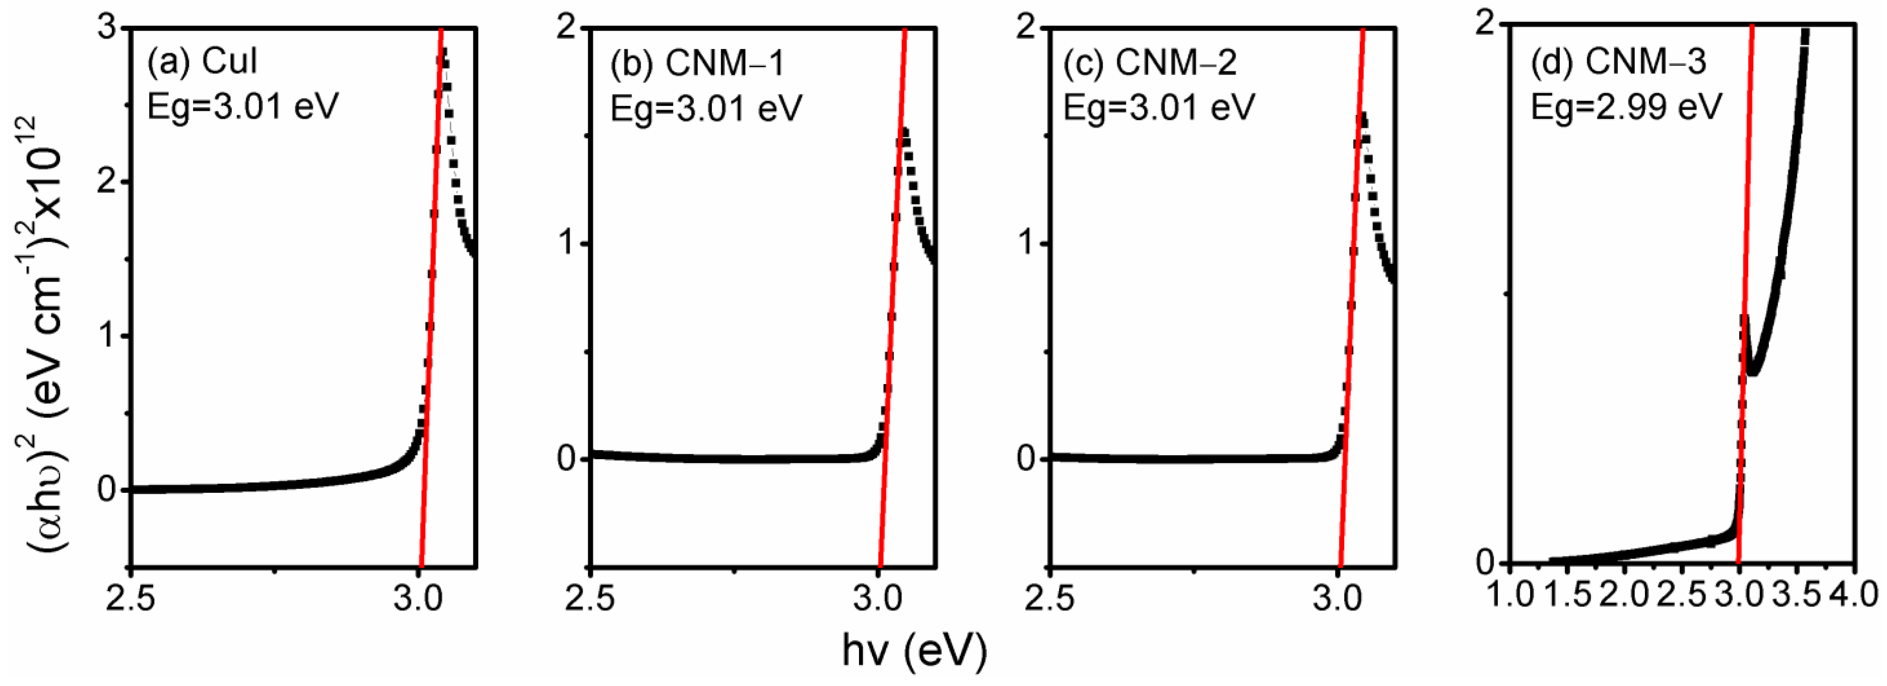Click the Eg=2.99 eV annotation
1626,108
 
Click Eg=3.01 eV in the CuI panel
243,108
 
